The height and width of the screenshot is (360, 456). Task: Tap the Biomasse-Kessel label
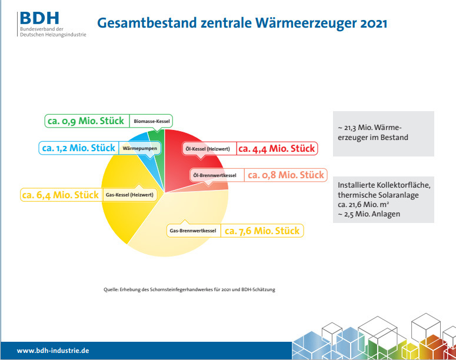pyautogui.click(x=152, y=121)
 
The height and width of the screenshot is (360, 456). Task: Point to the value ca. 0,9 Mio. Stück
pyautogui.click(x=86, y=121)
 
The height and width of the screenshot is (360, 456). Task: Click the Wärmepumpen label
pyautogui.click(x=135, y=148)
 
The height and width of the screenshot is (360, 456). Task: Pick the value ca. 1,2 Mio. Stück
pyautogui.click(x=78, y=148)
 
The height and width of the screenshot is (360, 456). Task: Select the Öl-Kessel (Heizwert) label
pyautogui.click(x=207, y=149)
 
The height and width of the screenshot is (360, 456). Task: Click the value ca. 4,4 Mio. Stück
pyautogui.click(x=276, y=149)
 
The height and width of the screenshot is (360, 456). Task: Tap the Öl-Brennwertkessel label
pyautogui.click(x=215, y=175)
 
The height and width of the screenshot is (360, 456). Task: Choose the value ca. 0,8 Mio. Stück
pyautogui.click(x=285, y=175)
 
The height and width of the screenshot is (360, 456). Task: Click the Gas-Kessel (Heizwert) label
pyautogui.click(x=129, y=195)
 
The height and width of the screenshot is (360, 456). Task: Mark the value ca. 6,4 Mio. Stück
pyautogui.click(x=60, y=195)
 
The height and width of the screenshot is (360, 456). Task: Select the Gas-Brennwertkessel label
pyautogui.click(x=193, y=231)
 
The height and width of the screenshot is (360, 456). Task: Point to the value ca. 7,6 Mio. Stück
pyautogui.click(x=262, y=231)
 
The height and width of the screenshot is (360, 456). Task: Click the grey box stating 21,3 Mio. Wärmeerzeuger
pyautogui.click(x=383, y=133)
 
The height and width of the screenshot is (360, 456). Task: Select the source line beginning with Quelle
pyautogui.click(x=189, y=289)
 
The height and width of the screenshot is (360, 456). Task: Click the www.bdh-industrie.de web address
pyautogui.click(x=53, y=351)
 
